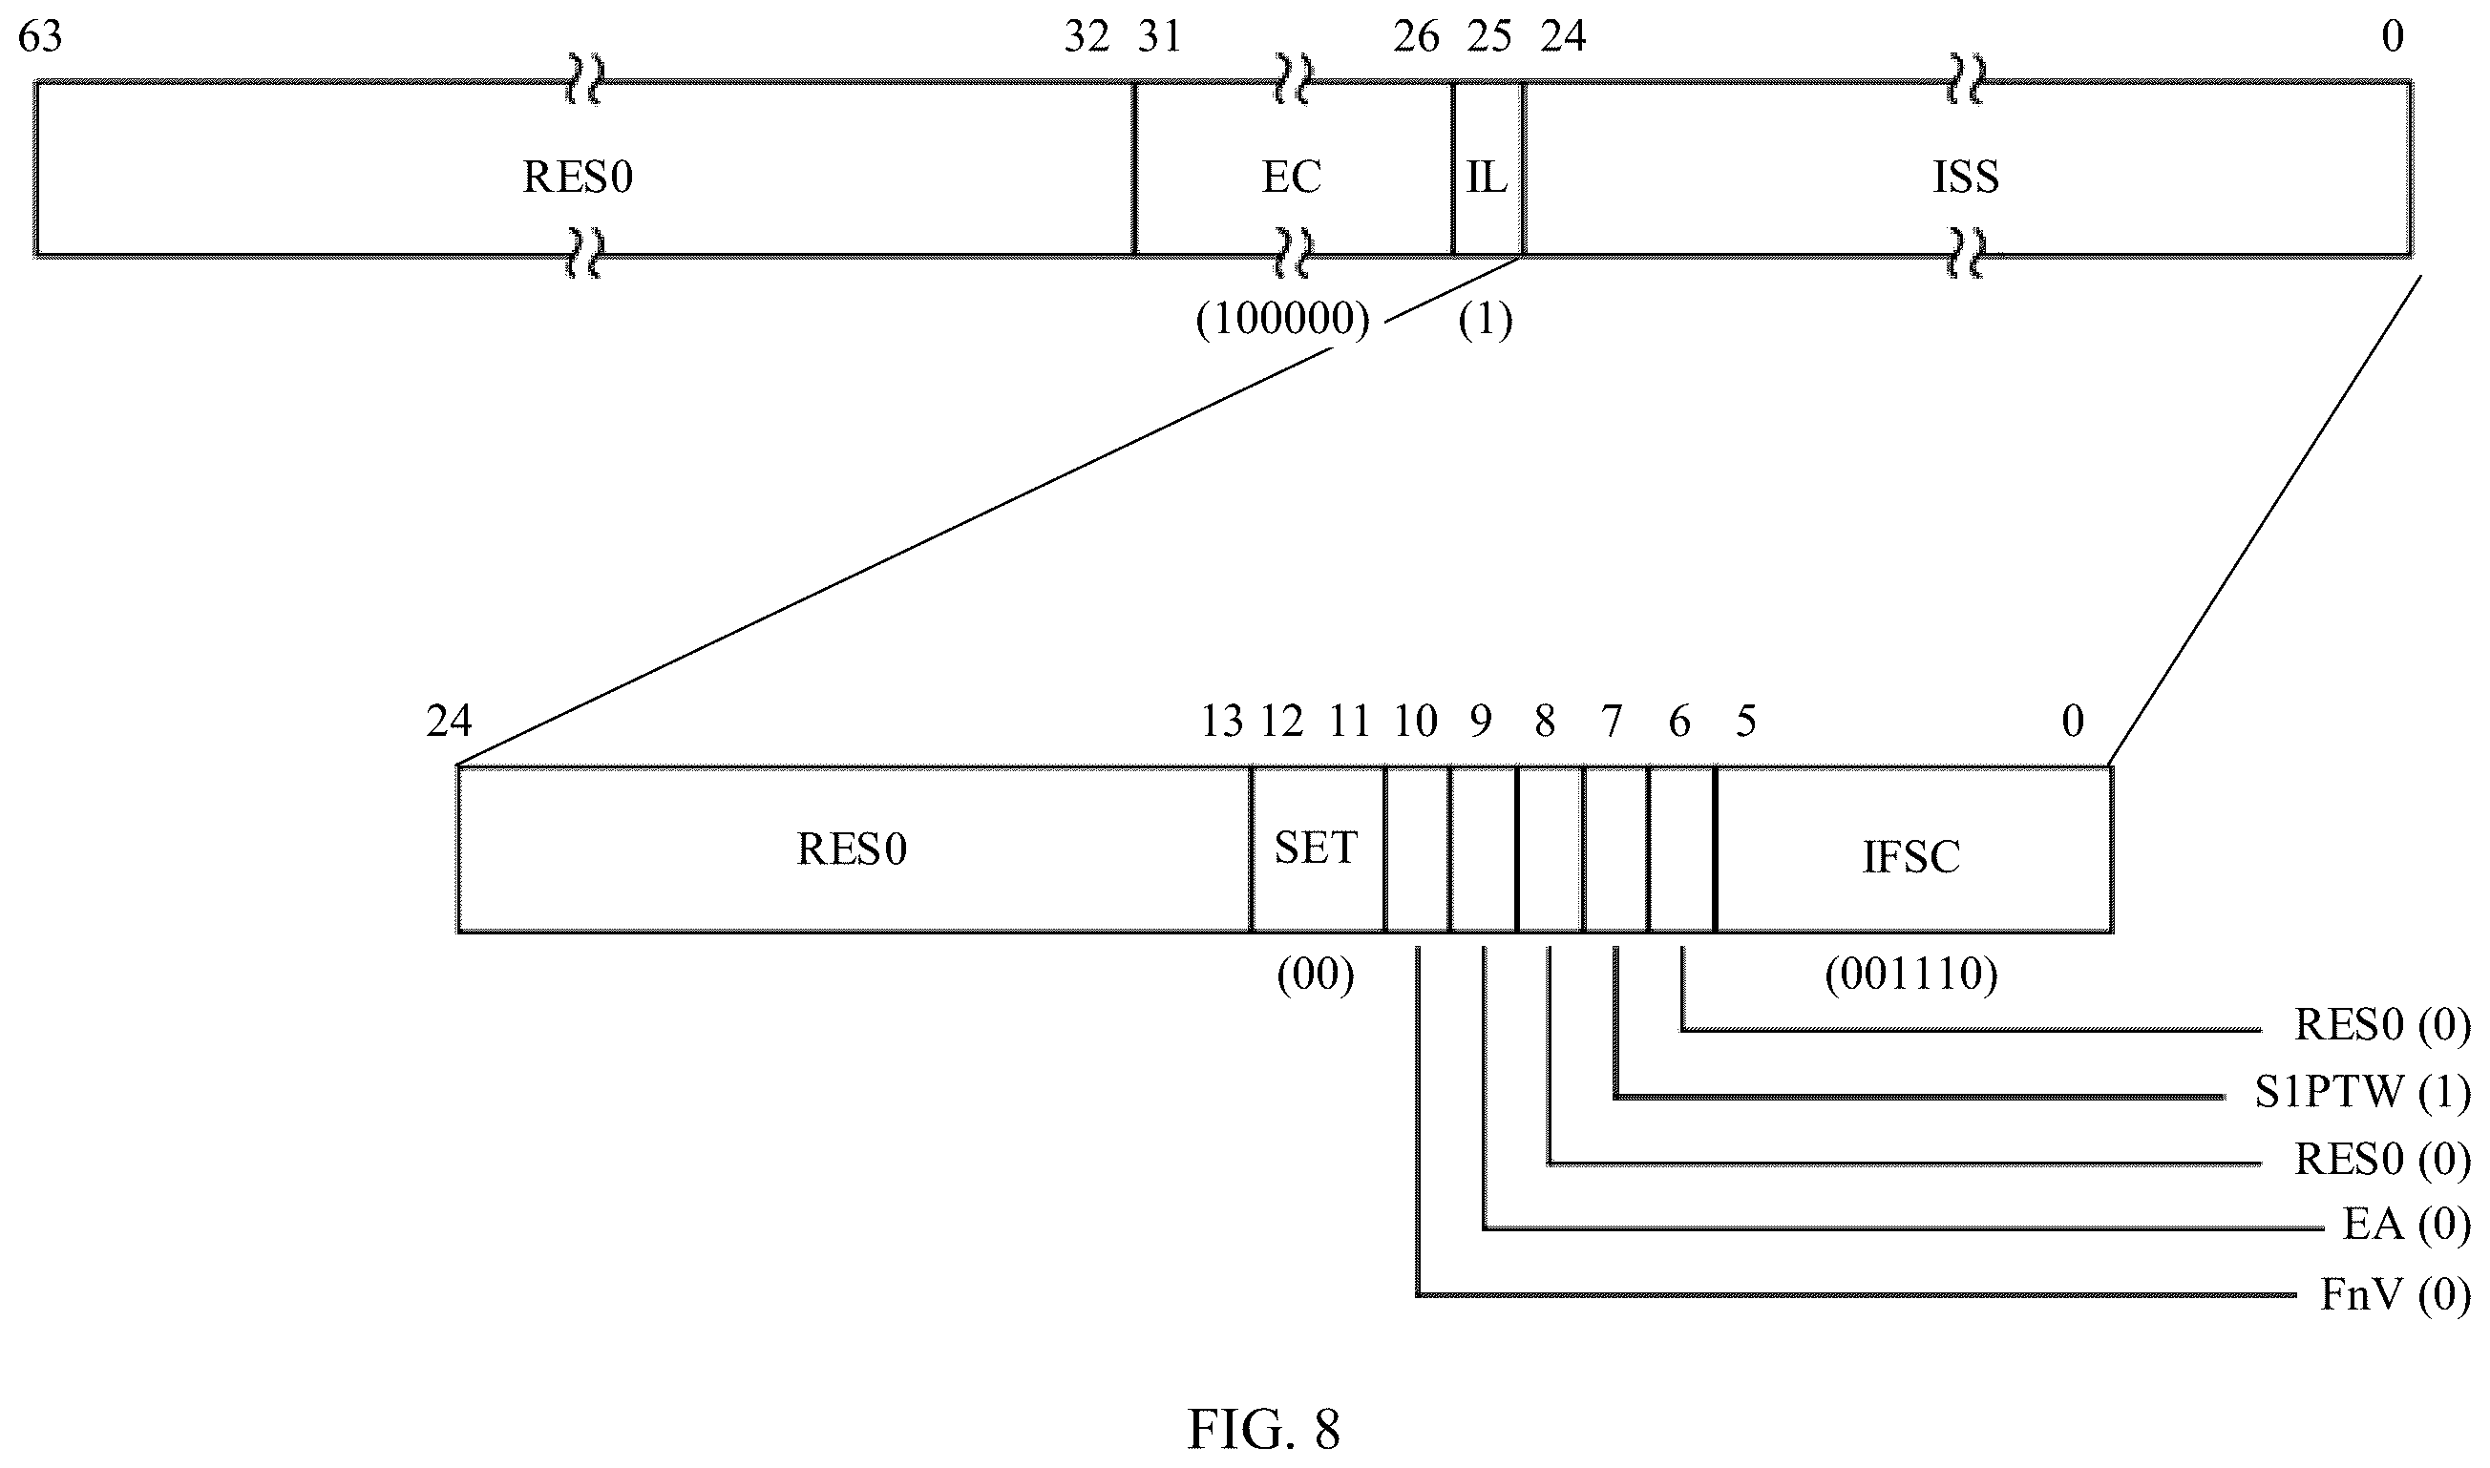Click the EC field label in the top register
point(1291,178)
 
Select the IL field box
point(1487,168)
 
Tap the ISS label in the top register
point(1966,178)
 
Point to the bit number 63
point(40,36)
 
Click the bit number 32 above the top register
point(1087,36)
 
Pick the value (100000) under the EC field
point(1283,320)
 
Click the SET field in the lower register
point(1317,849)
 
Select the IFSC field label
point(1911,857)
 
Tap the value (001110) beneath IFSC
point(1911,975)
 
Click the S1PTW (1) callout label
point(2362,1092)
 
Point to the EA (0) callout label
point(2406,1225)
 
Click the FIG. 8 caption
point(1263,1429)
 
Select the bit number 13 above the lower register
point(1223,723)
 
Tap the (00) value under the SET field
point(1316,975)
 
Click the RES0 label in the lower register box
point(852,849)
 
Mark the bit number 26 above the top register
point(1417,36)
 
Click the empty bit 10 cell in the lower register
point(1418,849)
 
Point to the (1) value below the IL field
point(1486,320)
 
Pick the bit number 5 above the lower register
point(1746,723)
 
